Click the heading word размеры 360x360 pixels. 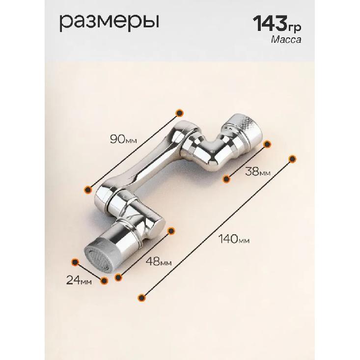110,23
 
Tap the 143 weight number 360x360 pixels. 270,23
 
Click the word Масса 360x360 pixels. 286,39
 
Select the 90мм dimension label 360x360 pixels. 123,139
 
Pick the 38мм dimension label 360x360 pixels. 258,171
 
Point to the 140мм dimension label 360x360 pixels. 234,239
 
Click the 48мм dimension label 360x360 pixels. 159,261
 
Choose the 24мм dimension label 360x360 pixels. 79,280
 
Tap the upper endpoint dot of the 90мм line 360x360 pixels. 180,113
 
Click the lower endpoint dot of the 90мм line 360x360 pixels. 88,190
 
